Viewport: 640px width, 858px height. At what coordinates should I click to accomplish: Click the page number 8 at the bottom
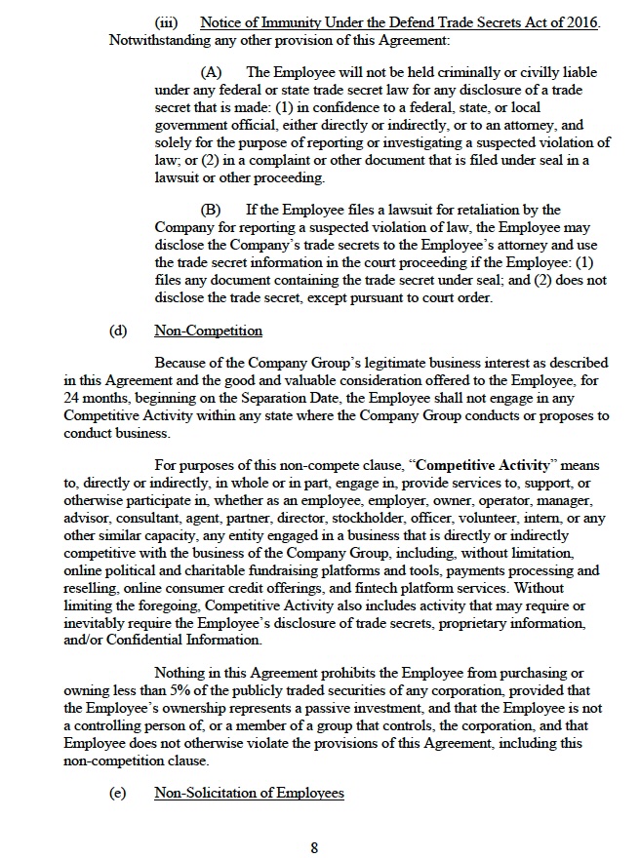coord(314,847)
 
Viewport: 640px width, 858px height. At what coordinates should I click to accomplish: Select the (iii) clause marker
coord(168,22)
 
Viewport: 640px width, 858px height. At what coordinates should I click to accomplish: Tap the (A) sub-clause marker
coord(211,73)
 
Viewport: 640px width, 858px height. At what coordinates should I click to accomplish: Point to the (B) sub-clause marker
coord(211,210)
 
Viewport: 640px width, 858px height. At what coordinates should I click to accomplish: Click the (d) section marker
coord(118,331)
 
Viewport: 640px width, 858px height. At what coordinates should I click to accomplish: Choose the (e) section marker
coord(118,794)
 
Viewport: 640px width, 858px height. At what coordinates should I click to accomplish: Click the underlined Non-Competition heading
coord(208,331)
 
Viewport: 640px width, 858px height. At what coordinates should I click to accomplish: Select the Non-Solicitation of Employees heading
coord(249,794)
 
